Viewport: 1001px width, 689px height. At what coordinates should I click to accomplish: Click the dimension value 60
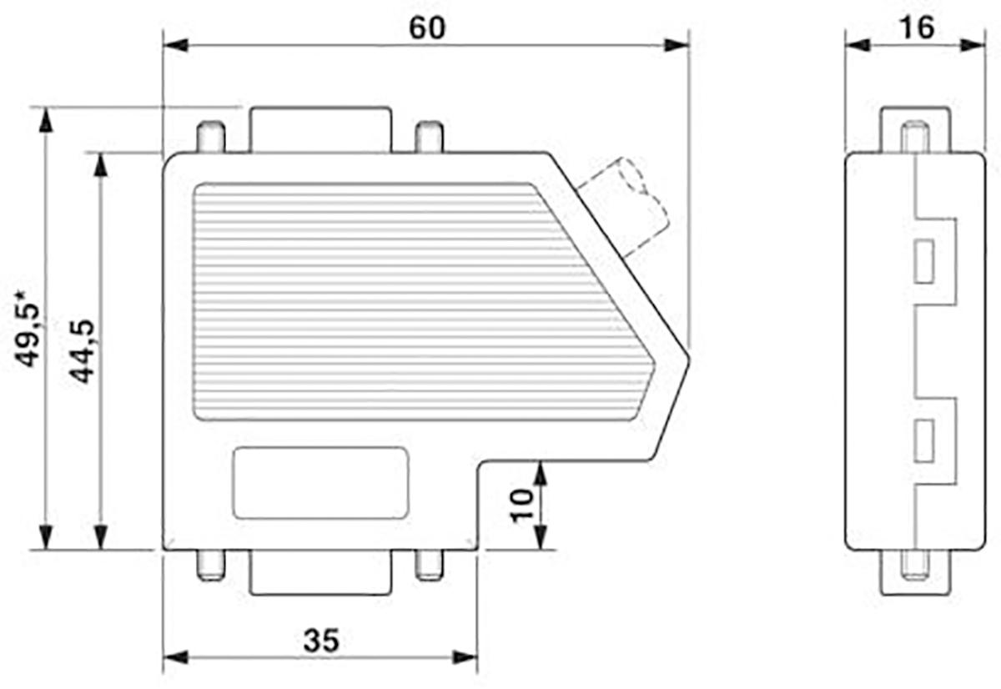click(427, 28)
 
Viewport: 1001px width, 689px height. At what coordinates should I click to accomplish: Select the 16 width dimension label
click(916, 28)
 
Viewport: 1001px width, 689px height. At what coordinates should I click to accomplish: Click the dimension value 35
click(321, 641)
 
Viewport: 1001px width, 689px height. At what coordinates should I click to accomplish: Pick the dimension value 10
click(522, 505)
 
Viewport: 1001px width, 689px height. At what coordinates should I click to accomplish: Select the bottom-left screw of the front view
click(210, 565)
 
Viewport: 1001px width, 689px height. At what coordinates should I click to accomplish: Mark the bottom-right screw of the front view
click(429, 565)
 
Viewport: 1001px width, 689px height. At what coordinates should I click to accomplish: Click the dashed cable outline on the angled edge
click(626, 204)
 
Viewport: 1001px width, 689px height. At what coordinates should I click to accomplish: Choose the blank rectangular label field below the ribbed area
click(321, 483)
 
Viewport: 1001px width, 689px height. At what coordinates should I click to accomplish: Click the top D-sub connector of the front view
click(319, 129)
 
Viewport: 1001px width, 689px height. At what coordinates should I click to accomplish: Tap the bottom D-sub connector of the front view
click(319, 573)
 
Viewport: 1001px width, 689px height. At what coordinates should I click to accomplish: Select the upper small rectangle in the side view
click(923, 261)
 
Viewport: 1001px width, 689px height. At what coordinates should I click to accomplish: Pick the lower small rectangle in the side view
click(923, 440)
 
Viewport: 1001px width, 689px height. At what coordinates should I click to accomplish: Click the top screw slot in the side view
click(915, 138)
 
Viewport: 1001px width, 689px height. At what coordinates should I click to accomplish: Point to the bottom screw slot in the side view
click(915, 567)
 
